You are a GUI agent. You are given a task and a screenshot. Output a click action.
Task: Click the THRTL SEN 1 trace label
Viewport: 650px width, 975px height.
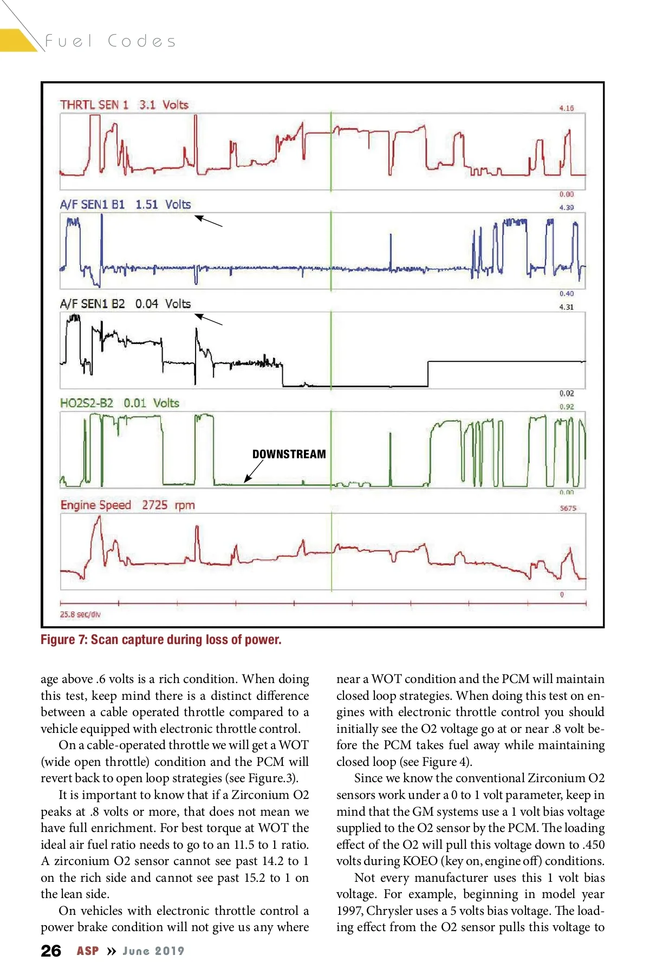coord(94,105)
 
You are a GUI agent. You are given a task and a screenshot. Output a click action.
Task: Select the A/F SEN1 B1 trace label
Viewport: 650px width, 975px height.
coord(92,204)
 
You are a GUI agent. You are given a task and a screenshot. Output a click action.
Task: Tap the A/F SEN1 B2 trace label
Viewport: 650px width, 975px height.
coord(92,304)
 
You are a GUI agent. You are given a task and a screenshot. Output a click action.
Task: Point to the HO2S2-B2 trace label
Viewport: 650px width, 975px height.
coord(87,403)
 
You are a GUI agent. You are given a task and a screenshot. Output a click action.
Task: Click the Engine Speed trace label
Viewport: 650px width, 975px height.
coord(96,505)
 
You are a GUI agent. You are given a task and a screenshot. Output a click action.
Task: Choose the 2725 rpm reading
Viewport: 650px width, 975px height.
coord(168,505)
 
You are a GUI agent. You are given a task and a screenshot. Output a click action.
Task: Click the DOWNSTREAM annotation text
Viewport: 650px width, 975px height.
coord(289,454)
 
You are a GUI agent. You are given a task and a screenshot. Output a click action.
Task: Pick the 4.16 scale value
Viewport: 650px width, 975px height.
coord(566,108)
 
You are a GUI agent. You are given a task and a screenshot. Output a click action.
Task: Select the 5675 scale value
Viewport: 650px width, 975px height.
coord(568,508)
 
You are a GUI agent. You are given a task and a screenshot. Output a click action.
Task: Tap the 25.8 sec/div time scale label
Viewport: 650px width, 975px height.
coord(80,614)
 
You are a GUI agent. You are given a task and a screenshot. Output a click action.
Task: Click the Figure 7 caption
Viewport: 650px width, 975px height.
coord(161,640)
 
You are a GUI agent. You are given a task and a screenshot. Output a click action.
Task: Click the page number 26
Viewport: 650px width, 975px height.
coord(51,951)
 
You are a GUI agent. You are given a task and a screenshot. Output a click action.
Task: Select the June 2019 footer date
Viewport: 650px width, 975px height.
coord(153,951)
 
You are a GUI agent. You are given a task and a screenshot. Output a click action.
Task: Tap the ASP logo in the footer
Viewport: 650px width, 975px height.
coord(88,951)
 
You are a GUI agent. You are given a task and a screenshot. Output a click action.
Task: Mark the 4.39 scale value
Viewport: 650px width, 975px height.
coord(566,207)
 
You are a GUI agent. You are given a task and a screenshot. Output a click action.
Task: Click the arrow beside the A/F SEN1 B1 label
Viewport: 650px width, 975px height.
coord(209,221)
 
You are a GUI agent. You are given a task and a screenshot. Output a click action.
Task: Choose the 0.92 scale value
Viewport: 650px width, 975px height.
coord(566,406)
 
